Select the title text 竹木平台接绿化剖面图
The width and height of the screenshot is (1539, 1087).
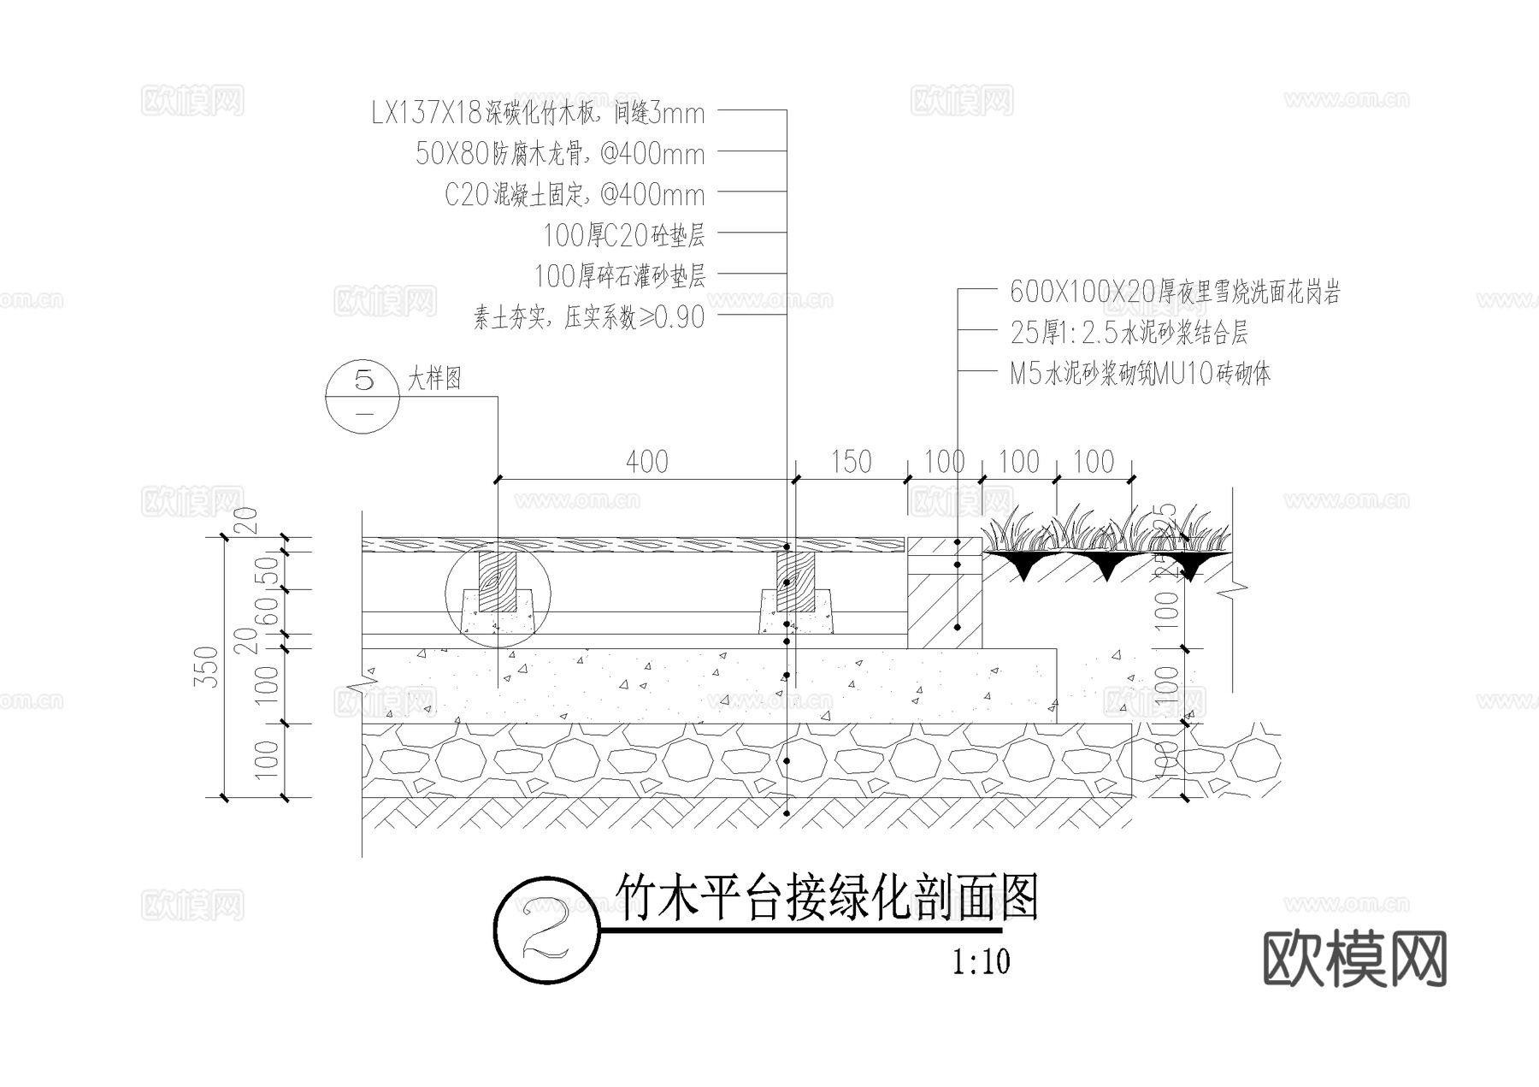pyautogui.click(x=826, y=898)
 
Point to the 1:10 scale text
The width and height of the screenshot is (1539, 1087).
pyautogui.click(x=982, y=962)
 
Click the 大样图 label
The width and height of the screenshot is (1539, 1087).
pyautogui.click(x=434, y=378)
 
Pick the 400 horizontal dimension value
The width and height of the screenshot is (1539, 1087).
pyautogui.click(x=646, y=462)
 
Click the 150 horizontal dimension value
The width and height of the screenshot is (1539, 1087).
pyautogui.click(x=851, y=462)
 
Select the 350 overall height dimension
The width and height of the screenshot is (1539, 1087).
pyautogui.click(x=210, y=666)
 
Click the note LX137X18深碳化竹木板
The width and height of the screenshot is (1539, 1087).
pyautogui.click(x=538, y=113)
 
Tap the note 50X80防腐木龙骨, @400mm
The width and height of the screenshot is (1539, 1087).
pyautogui.click(x=560, y=154)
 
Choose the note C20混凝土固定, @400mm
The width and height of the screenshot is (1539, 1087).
pyautogui.click(x=575, y=195)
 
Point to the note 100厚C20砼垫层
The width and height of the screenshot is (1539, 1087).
pyautogui.click(x=624, y=235)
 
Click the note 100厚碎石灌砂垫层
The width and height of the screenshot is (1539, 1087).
pyautogui.click(x=620, y=276)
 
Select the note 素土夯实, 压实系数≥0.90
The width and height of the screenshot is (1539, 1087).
pyautogui.click(x=589, y=318)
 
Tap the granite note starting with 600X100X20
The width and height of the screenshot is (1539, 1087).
pyautogui.click(x=1175, y=292)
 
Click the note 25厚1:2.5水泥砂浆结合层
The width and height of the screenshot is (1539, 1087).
pyautogui.click(x=1129, y=333)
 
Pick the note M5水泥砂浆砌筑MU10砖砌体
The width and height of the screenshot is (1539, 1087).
pyautogui.click(x=1140, y=374)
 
